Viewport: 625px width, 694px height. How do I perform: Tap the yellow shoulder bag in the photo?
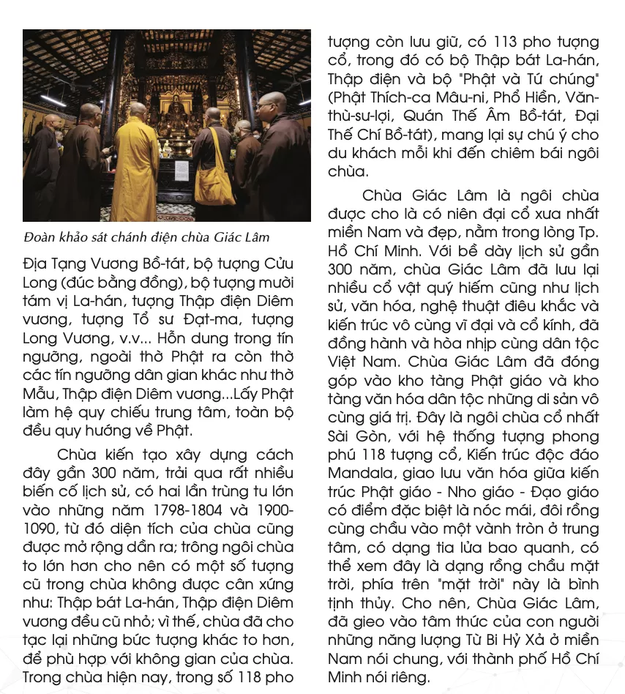[x=215, y=183]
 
